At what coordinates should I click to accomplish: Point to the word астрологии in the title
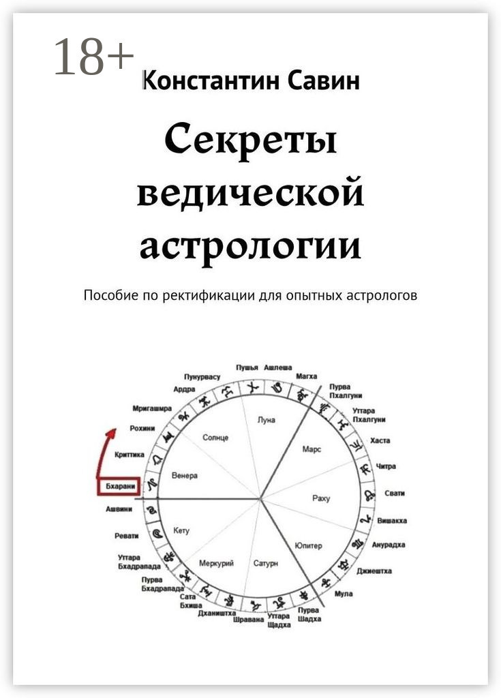(x=250, y=246)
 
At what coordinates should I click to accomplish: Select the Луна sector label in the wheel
(x=267, y=420)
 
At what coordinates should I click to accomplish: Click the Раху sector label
(x=320, y=498)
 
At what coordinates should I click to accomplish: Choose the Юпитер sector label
(x=309, y=545)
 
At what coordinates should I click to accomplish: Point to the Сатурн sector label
(x=266, y=564)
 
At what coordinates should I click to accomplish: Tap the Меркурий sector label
(x=216, y=563)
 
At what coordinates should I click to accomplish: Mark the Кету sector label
(x=182, y=530)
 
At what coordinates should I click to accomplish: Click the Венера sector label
(x=185, y=475)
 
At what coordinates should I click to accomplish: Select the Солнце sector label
(x=215, y=437)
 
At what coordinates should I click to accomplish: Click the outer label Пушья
(x=247, y=367)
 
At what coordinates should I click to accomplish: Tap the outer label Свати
(x=395, y=493)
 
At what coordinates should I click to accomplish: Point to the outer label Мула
(x=344, y=594)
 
